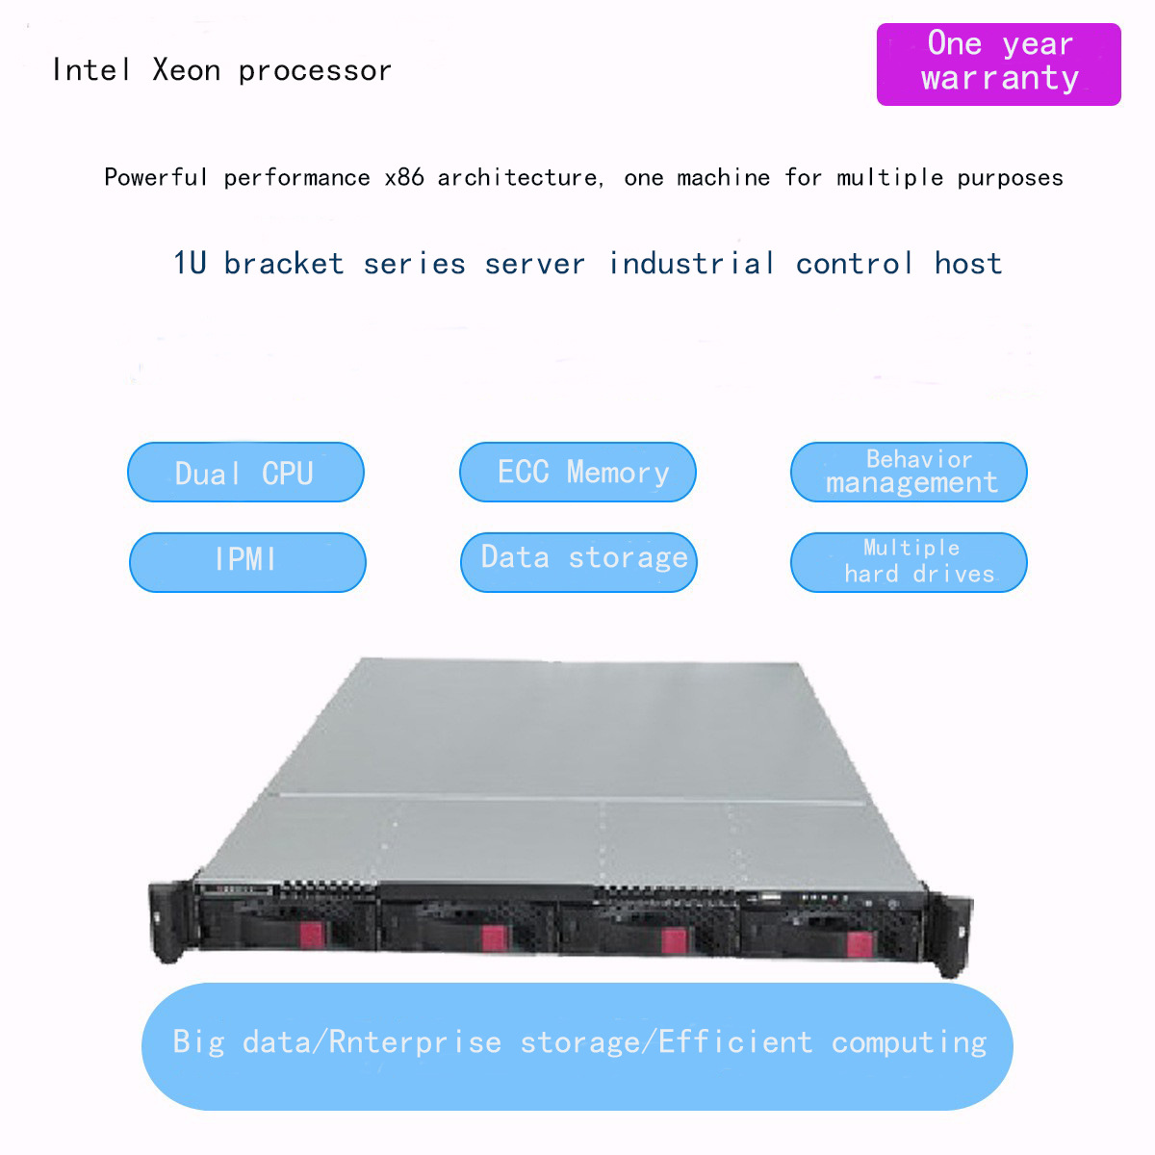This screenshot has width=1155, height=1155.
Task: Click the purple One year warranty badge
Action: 998,64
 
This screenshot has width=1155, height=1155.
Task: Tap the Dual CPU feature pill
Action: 245,473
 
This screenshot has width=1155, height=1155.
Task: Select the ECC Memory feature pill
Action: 577,473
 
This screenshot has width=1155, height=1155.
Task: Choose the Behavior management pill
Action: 909,473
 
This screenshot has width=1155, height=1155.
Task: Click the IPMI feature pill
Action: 247,562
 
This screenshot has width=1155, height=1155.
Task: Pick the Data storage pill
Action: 578,562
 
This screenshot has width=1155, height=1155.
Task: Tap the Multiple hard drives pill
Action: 909,562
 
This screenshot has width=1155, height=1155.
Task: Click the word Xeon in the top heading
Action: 186,70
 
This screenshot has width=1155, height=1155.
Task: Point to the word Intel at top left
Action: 90,70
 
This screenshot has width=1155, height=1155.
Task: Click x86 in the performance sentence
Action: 403,178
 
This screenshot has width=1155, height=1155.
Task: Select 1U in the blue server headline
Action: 190,264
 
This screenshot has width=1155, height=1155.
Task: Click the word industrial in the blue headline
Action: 691,264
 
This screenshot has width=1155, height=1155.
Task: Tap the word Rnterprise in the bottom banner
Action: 414,1042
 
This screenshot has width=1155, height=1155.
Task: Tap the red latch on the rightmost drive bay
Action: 860,942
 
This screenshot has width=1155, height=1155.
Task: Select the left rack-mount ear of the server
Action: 166,922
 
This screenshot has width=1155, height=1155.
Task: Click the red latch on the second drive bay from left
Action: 494,937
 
